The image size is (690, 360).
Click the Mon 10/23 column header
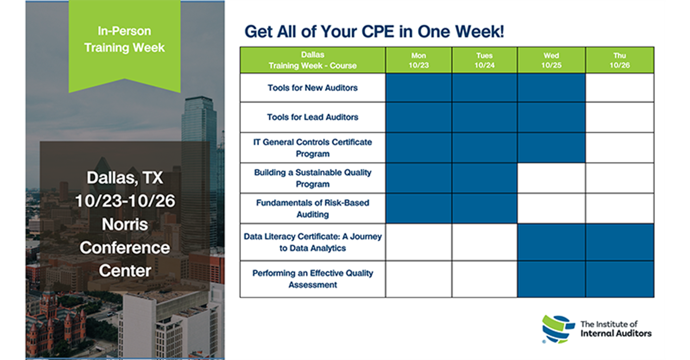click(419, 60)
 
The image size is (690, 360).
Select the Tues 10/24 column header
click(484, 60)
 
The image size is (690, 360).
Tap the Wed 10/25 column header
click(552, 60)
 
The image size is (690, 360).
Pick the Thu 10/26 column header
click(620, 60)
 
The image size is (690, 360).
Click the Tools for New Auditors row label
click(312, 88)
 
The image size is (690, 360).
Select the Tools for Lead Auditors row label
click(312, 117)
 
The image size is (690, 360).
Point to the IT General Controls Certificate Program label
click(312, 148)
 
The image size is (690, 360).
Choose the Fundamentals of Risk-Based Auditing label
click(312, 209)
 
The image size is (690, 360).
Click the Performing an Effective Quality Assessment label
click(312, 279)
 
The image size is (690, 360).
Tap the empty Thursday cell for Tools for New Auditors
click(620, 88)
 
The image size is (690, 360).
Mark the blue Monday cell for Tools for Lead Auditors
click(419, 117)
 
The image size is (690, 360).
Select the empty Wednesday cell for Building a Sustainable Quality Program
click(552, 178)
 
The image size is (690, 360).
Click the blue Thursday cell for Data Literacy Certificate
click(620, 242)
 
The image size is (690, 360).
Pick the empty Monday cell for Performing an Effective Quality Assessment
click(419, 279)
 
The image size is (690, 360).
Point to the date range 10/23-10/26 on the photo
click(125, 201)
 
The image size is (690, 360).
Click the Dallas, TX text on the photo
click(125, 178)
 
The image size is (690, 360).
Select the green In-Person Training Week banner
click(125, 46)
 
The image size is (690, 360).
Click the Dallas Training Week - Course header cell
click(312, 60)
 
